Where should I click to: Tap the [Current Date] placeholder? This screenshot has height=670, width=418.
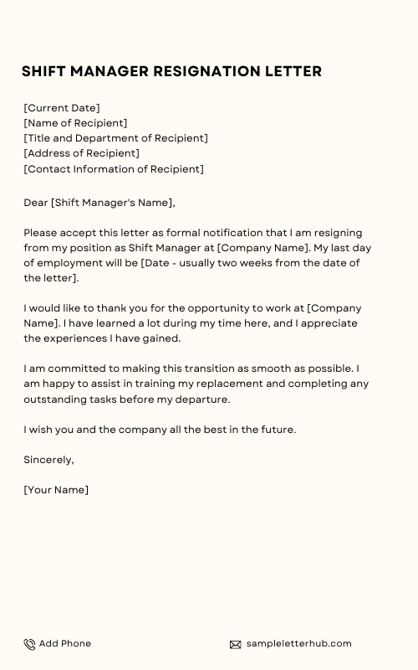pyautogui.click(x=62, y=108)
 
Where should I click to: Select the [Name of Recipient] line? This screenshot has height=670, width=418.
pyautogui.click(x=75, y=123)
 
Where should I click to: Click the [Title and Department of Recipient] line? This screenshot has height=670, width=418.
pyautogui.click(x=115, y=138)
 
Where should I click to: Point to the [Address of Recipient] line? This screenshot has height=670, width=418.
pyautogui.click(x=82, y=153)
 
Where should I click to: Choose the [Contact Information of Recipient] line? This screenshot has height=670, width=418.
pyautogui.click(x=114, y=168)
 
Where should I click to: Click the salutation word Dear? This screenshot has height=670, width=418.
pyautogui.click(x=36, y=203)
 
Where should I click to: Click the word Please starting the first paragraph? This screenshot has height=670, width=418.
pyautogui.click(x=42, y=233)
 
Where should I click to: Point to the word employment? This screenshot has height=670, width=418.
pyautogui.click(x=72, y=263)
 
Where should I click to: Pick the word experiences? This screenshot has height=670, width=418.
pyautogui.click(x=76, y=338)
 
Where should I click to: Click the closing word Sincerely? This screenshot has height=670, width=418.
pyautogui.click(x=48, y=460)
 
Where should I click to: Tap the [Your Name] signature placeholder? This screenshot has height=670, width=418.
pyautogui.click(x=56, y=490)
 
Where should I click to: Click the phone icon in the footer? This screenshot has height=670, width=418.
pyautogui.click(x=29, y=644)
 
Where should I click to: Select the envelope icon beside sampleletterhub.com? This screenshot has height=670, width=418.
pyautogui.click(x=235, y=644)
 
